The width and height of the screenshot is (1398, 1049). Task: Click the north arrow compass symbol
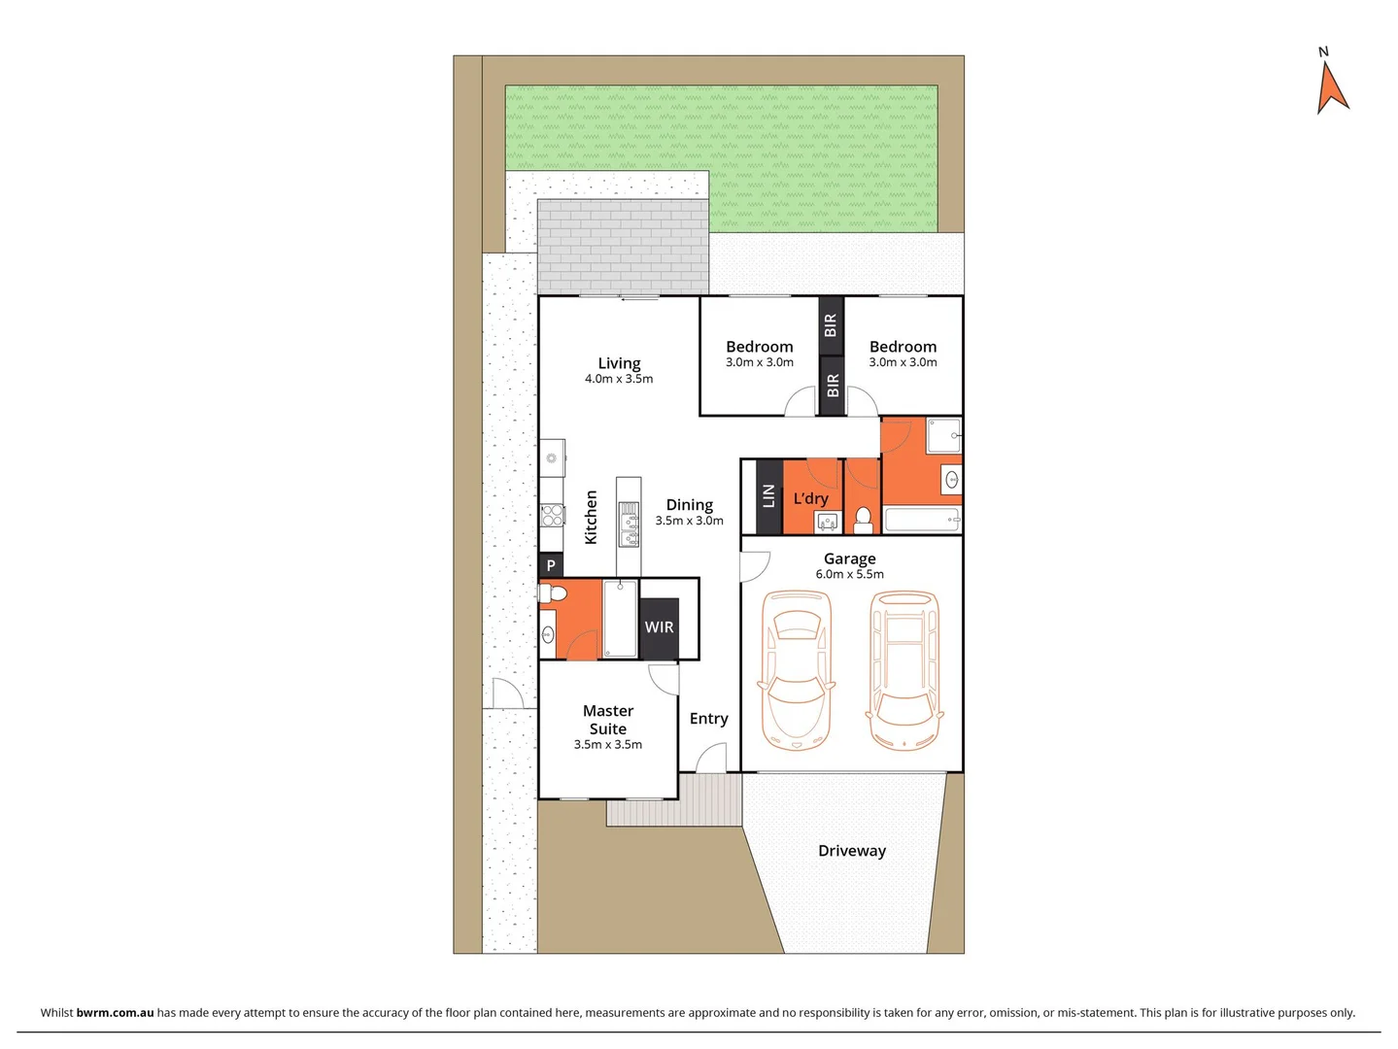tap(1332, 85)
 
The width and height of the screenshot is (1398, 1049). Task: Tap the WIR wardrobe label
tap(659, 627)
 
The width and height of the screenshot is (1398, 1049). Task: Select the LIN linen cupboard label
tap(768, 496)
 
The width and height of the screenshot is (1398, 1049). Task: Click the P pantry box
tap(551, 565)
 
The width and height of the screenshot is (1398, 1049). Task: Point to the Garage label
tap(849, 558)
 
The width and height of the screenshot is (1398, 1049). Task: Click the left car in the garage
tap(796, 669)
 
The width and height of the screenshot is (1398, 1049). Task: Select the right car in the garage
tap(904, 669)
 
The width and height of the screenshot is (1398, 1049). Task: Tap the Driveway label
tap(852, 851)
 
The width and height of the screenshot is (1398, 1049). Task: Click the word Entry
tap(708, 719)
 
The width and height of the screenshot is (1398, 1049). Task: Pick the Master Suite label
tap(608, 720)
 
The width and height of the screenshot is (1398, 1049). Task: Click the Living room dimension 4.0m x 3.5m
tap(619, 379)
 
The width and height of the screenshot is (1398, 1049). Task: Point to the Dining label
tap(689, 505)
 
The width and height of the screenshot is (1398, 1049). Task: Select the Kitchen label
tap(591, 517)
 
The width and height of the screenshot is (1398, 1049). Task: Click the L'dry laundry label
tap(810, 498)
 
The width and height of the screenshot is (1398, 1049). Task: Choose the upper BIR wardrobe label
tap(830, 324)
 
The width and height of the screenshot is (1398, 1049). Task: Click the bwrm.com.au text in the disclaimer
tap(115, 1012)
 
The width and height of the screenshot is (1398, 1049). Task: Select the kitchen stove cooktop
tap(552, 515)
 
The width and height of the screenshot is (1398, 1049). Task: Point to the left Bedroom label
tap(759, 347)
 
